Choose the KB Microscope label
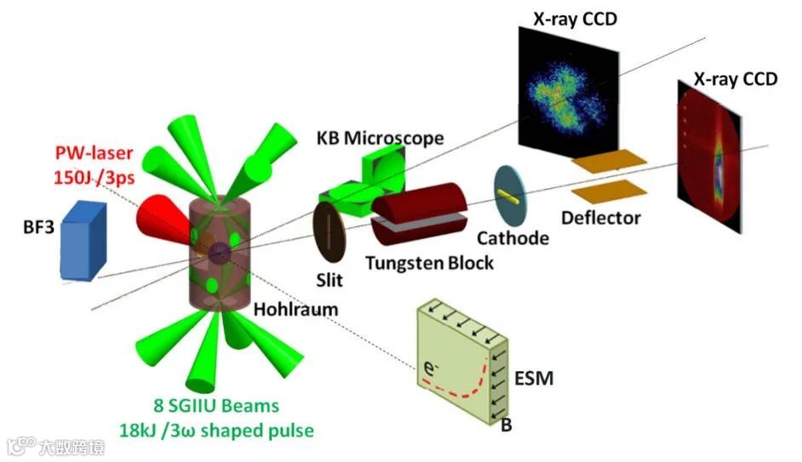click(x=380, y=137)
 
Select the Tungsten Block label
click(x=429, y=263)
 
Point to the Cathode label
click(x=512, y=238)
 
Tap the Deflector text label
click(x=600, y=219)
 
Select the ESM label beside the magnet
click(x=535, y=377)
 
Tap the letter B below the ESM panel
click(x=506, y=425)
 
